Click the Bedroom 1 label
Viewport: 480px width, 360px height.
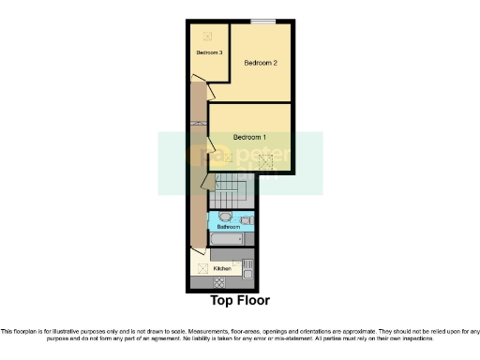point(250,137)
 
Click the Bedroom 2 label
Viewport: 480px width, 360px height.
point(261,64)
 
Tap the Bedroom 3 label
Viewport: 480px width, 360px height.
point(208,52)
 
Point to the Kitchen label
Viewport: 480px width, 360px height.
point(222,269)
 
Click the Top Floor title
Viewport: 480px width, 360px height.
point(240,301)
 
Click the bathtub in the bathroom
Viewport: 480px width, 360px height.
point(225,240)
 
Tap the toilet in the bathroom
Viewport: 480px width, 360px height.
point(246,220)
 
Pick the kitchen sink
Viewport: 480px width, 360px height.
point(247,265)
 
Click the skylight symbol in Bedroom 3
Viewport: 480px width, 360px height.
point(207,36)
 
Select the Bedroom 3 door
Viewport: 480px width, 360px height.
point(212,92)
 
